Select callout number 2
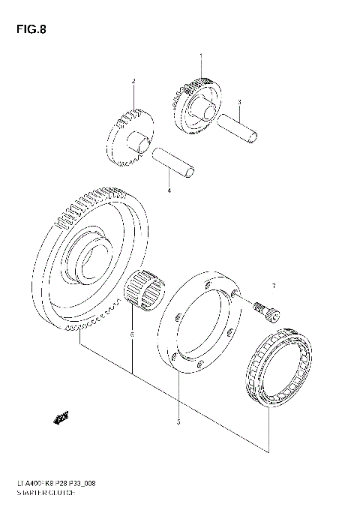click(x=133, y=80)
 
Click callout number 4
click(x=169, y=190)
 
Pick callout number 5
click(x=178, y=421)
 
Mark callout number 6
click(x=132, y=334)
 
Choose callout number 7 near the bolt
click(x=274, y=286)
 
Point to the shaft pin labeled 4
click(x=174, y=165)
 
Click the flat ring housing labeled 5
click(x=199, y=322)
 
